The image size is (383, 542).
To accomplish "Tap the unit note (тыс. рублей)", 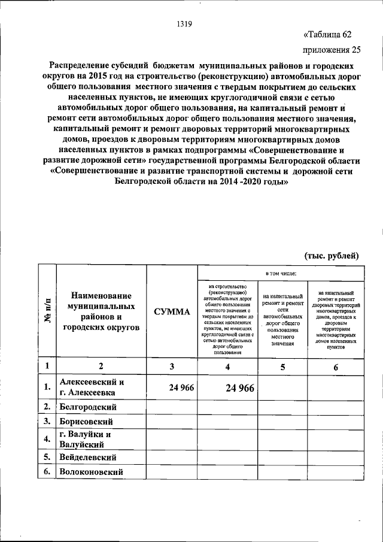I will click(x=332, y=256).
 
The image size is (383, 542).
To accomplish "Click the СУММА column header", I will click(x=172, y=312).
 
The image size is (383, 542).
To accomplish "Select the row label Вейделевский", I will click(x=87, y=457).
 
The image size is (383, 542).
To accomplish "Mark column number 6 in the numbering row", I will click(x=335, y=367).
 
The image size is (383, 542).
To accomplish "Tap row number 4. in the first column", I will click(x=47, y=440).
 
